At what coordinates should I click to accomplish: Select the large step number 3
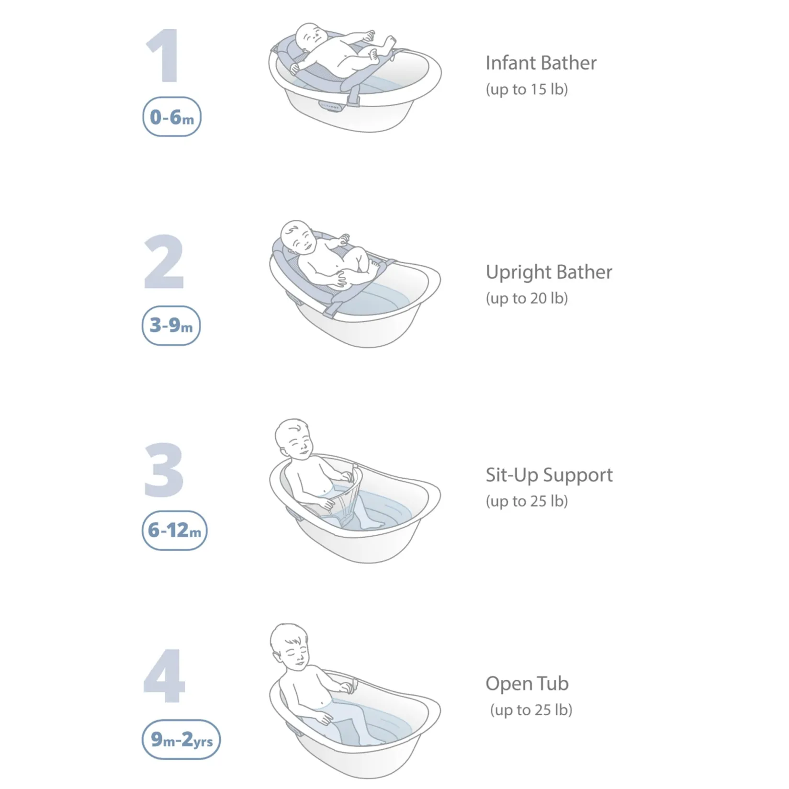click(164, 470)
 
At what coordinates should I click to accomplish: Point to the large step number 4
click(164, 676)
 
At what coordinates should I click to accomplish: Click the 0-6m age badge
click(172, 117)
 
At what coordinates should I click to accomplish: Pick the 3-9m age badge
click(171, 326)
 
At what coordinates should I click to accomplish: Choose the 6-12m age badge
click(174, 530)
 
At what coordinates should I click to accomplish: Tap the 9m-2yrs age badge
click(181, 740)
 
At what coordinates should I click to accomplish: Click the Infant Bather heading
click(541, 63)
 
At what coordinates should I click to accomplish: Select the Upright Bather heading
click(549, 272)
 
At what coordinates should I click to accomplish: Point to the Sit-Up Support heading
click(549, 475)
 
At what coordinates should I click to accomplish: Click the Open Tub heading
click(527, 684)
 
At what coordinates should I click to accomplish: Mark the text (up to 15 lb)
click(527, 90)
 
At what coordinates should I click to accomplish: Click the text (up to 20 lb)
click(527, 298)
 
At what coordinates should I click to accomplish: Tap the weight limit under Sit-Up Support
click(527, 501)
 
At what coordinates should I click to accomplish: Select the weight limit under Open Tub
click(531, 710)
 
